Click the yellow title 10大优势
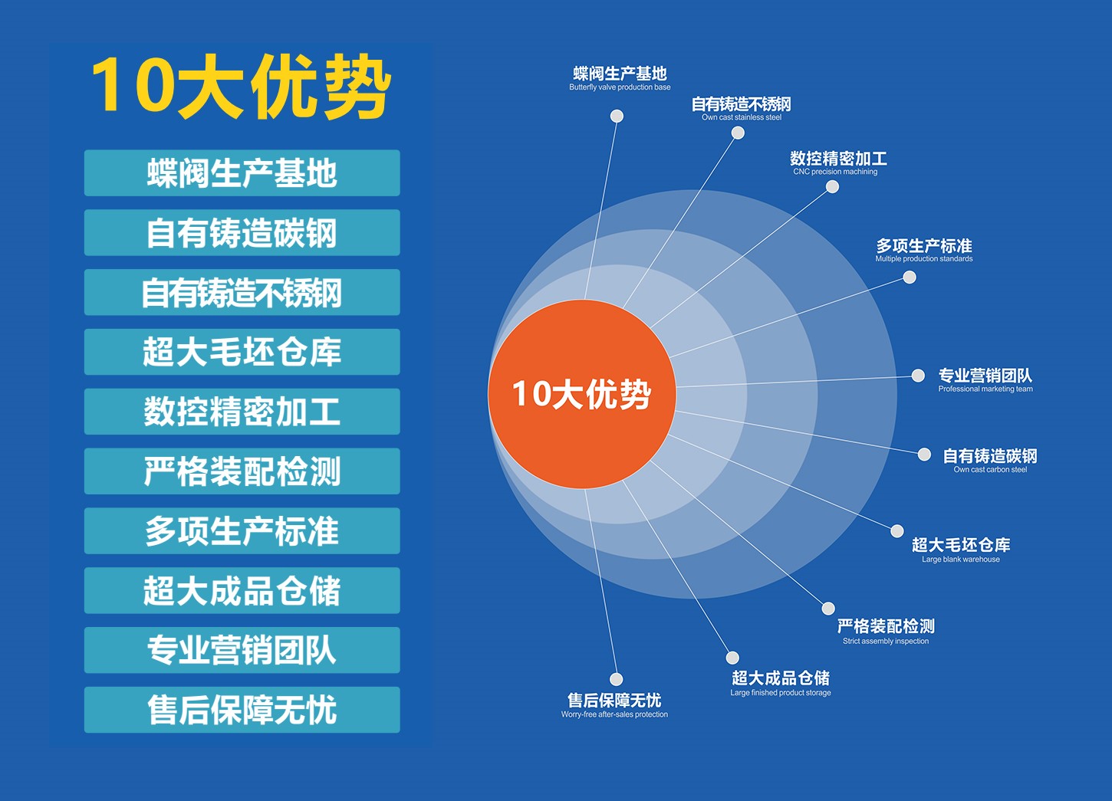tap(242, 85)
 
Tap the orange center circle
tap(582, 394)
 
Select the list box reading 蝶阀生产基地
tap(242, 172)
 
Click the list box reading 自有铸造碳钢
tap(242, 232)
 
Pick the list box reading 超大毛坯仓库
tap(242, 351)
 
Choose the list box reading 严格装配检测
tap(242, 471)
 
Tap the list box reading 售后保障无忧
tap(242, 710)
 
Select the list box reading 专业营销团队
tap(242, 650)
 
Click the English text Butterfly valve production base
tap(620, 87)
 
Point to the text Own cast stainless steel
tap(741, 117)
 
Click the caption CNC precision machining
tap(835, 172)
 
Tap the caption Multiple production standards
tap(924, 258)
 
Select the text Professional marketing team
tap(985, 389)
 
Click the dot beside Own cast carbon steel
tap(924, 454)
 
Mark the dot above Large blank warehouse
tap(897, 531)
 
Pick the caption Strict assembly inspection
tap(886, 642)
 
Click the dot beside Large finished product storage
tap(732, 658)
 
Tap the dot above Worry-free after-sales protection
tap(616, 679)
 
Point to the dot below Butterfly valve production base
tap(617, 117)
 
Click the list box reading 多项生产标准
tap(242, 530)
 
